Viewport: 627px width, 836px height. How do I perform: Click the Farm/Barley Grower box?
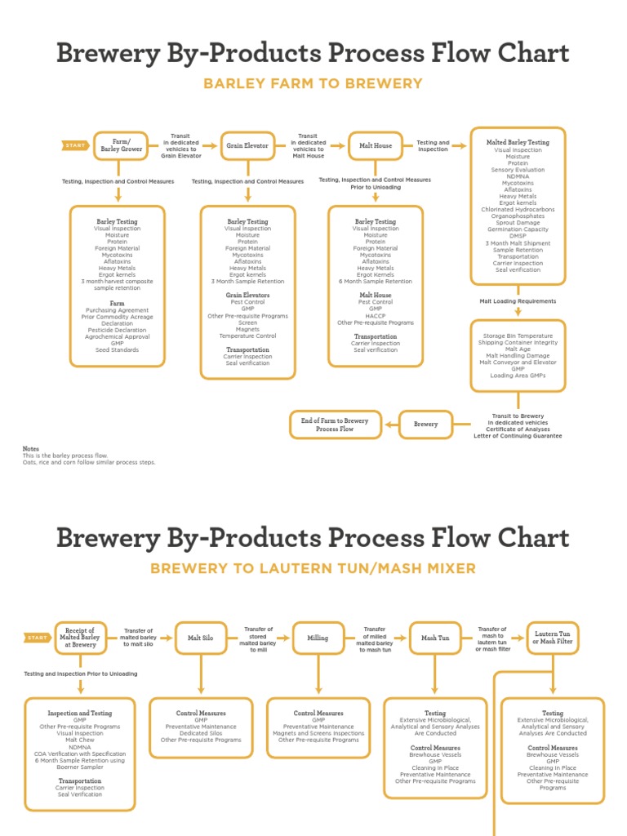point(121,145)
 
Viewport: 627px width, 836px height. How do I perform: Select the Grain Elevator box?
point(247,145)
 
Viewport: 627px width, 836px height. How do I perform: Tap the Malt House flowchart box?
point(376,145)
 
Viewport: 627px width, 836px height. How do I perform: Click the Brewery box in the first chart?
point(425,425)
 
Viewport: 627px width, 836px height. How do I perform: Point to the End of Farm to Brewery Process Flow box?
point(335,425)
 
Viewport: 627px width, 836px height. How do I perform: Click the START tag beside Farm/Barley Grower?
point(75,145)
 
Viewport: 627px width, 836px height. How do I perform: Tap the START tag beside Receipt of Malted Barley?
point(37,638)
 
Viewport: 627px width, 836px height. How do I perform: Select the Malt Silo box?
point(201,638)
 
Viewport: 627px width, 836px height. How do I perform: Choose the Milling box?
point(318,638)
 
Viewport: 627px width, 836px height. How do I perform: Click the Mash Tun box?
point(435,638)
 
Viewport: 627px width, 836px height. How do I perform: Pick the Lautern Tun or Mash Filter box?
point(553,638)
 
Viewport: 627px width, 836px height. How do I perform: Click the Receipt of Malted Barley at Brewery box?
point(80,638)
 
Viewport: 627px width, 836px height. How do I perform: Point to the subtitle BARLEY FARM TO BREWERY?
point(313,83)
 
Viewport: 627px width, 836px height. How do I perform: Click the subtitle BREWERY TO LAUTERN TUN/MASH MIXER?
point(313,568)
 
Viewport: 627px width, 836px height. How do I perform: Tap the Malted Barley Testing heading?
point(518,142)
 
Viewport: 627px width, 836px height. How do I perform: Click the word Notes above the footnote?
point(30,449)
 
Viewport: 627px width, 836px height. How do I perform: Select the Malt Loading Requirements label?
point(518,301)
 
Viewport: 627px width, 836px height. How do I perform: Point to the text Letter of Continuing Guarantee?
point(518,436)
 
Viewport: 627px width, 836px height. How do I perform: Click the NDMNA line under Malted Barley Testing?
point(518,176)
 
